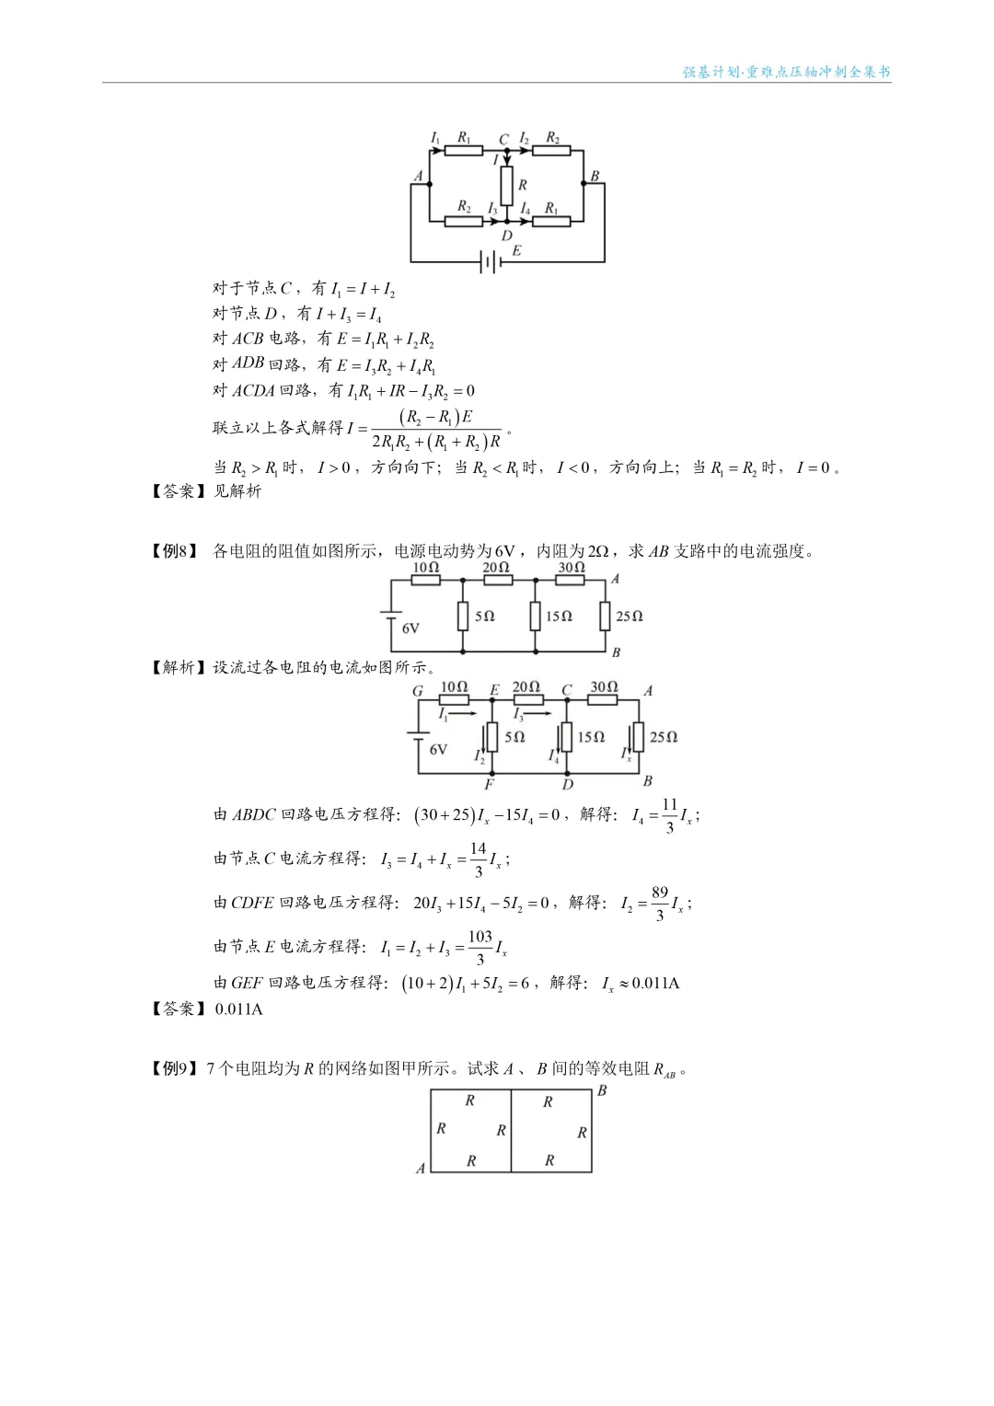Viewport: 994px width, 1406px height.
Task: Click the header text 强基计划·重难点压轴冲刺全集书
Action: click(x=787, y=72)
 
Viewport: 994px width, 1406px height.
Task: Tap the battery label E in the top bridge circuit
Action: click(x=516, y=249)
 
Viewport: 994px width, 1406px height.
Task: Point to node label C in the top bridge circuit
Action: click(x=504, y=140)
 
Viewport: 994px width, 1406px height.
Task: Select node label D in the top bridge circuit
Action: click(x=506, y=236)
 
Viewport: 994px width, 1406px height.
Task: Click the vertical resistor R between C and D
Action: click(x=506, y=185)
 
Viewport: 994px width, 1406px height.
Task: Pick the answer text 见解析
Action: click(x=237, y=491)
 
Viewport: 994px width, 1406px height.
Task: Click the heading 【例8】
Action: click(x=175, y=551)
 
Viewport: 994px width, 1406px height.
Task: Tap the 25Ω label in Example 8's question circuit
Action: click(x=630, y=616)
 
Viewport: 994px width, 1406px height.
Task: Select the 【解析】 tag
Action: click(x=175, y=667)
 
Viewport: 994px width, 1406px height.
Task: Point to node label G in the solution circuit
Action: click(x=418, y=691)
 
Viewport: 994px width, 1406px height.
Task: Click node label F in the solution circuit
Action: click(x=489, y=785)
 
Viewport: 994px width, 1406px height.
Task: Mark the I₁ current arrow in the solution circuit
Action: click(x=457, y=713)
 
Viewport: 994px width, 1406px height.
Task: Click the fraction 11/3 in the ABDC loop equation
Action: click(x=669, y=815)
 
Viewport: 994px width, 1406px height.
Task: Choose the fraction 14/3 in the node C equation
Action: click(x=478, y=859)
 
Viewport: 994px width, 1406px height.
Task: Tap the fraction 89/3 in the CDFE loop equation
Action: click(x=659, y=904)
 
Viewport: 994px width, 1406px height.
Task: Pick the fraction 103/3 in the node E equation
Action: click(x=480, y=947)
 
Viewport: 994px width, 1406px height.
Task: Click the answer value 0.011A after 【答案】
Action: click(x=238, y=1009)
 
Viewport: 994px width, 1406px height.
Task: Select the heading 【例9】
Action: click(x=175, y=1068)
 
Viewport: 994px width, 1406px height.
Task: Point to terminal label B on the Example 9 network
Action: click(x=602, y=1090)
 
